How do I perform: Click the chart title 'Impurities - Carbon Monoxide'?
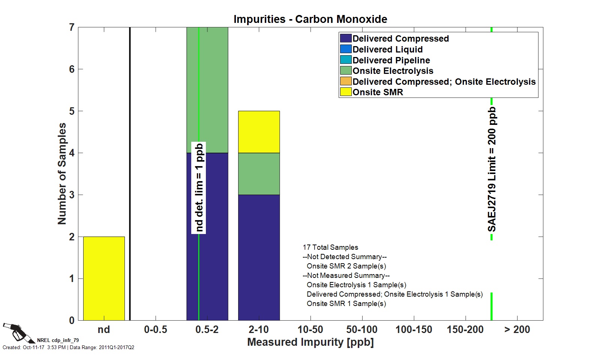point(310,19)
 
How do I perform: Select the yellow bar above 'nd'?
point(104,278)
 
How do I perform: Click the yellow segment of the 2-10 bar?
point(259,132)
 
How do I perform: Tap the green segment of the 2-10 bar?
point(259,174)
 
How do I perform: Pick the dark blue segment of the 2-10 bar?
point(259,257)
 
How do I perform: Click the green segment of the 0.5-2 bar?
point(214,90)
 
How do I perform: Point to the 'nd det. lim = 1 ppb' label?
point(199,187)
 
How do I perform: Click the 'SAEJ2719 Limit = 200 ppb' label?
point(492,169)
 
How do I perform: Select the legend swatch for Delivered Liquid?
point(345,49)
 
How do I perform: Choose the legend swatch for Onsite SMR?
point(345,92)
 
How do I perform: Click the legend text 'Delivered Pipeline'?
point(391,60)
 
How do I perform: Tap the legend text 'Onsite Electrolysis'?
point(393,71)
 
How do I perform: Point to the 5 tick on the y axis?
point(72,111)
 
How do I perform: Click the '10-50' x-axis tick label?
point(310,330)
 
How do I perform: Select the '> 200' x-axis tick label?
point(517,330)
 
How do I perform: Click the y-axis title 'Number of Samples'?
point(62,174)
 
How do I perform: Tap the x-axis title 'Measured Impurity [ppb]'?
point(310,342)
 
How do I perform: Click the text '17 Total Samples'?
point(330,247)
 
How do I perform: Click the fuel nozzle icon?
point(17,332)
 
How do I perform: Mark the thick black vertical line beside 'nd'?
point(130,174)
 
